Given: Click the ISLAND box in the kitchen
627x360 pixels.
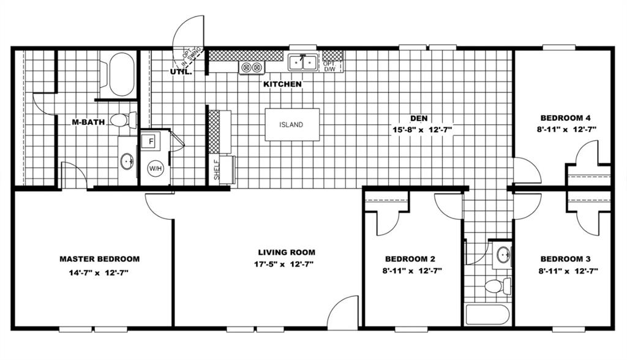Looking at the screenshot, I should pos(291,125).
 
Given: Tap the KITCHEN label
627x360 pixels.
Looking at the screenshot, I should pos(282,84).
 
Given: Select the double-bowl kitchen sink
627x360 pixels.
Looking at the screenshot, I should pos(303,62).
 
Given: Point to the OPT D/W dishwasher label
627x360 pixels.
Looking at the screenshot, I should pos(329,66).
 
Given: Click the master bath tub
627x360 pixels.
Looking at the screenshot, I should pos(121,75).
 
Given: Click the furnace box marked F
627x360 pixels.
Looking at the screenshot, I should pos(151,140).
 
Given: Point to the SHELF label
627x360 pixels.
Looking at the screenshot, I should pos(217,170).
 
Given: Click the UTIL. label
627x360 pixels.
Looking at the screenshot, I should pos(181,72).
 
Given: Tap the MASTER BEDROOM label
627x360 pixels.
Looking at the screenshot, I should pos(99,259).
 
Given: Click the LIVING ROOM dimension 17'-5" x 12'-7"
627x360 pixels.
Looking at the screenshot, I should pos(286,264).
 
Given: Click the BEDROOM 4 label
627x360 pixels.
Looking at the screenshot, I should pos(565,118).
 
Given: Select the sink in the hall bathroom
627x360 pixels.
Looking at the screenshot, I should pos(503,254).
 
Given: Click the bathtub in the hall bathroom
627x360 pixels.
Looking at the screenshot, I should pos(487,314).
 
